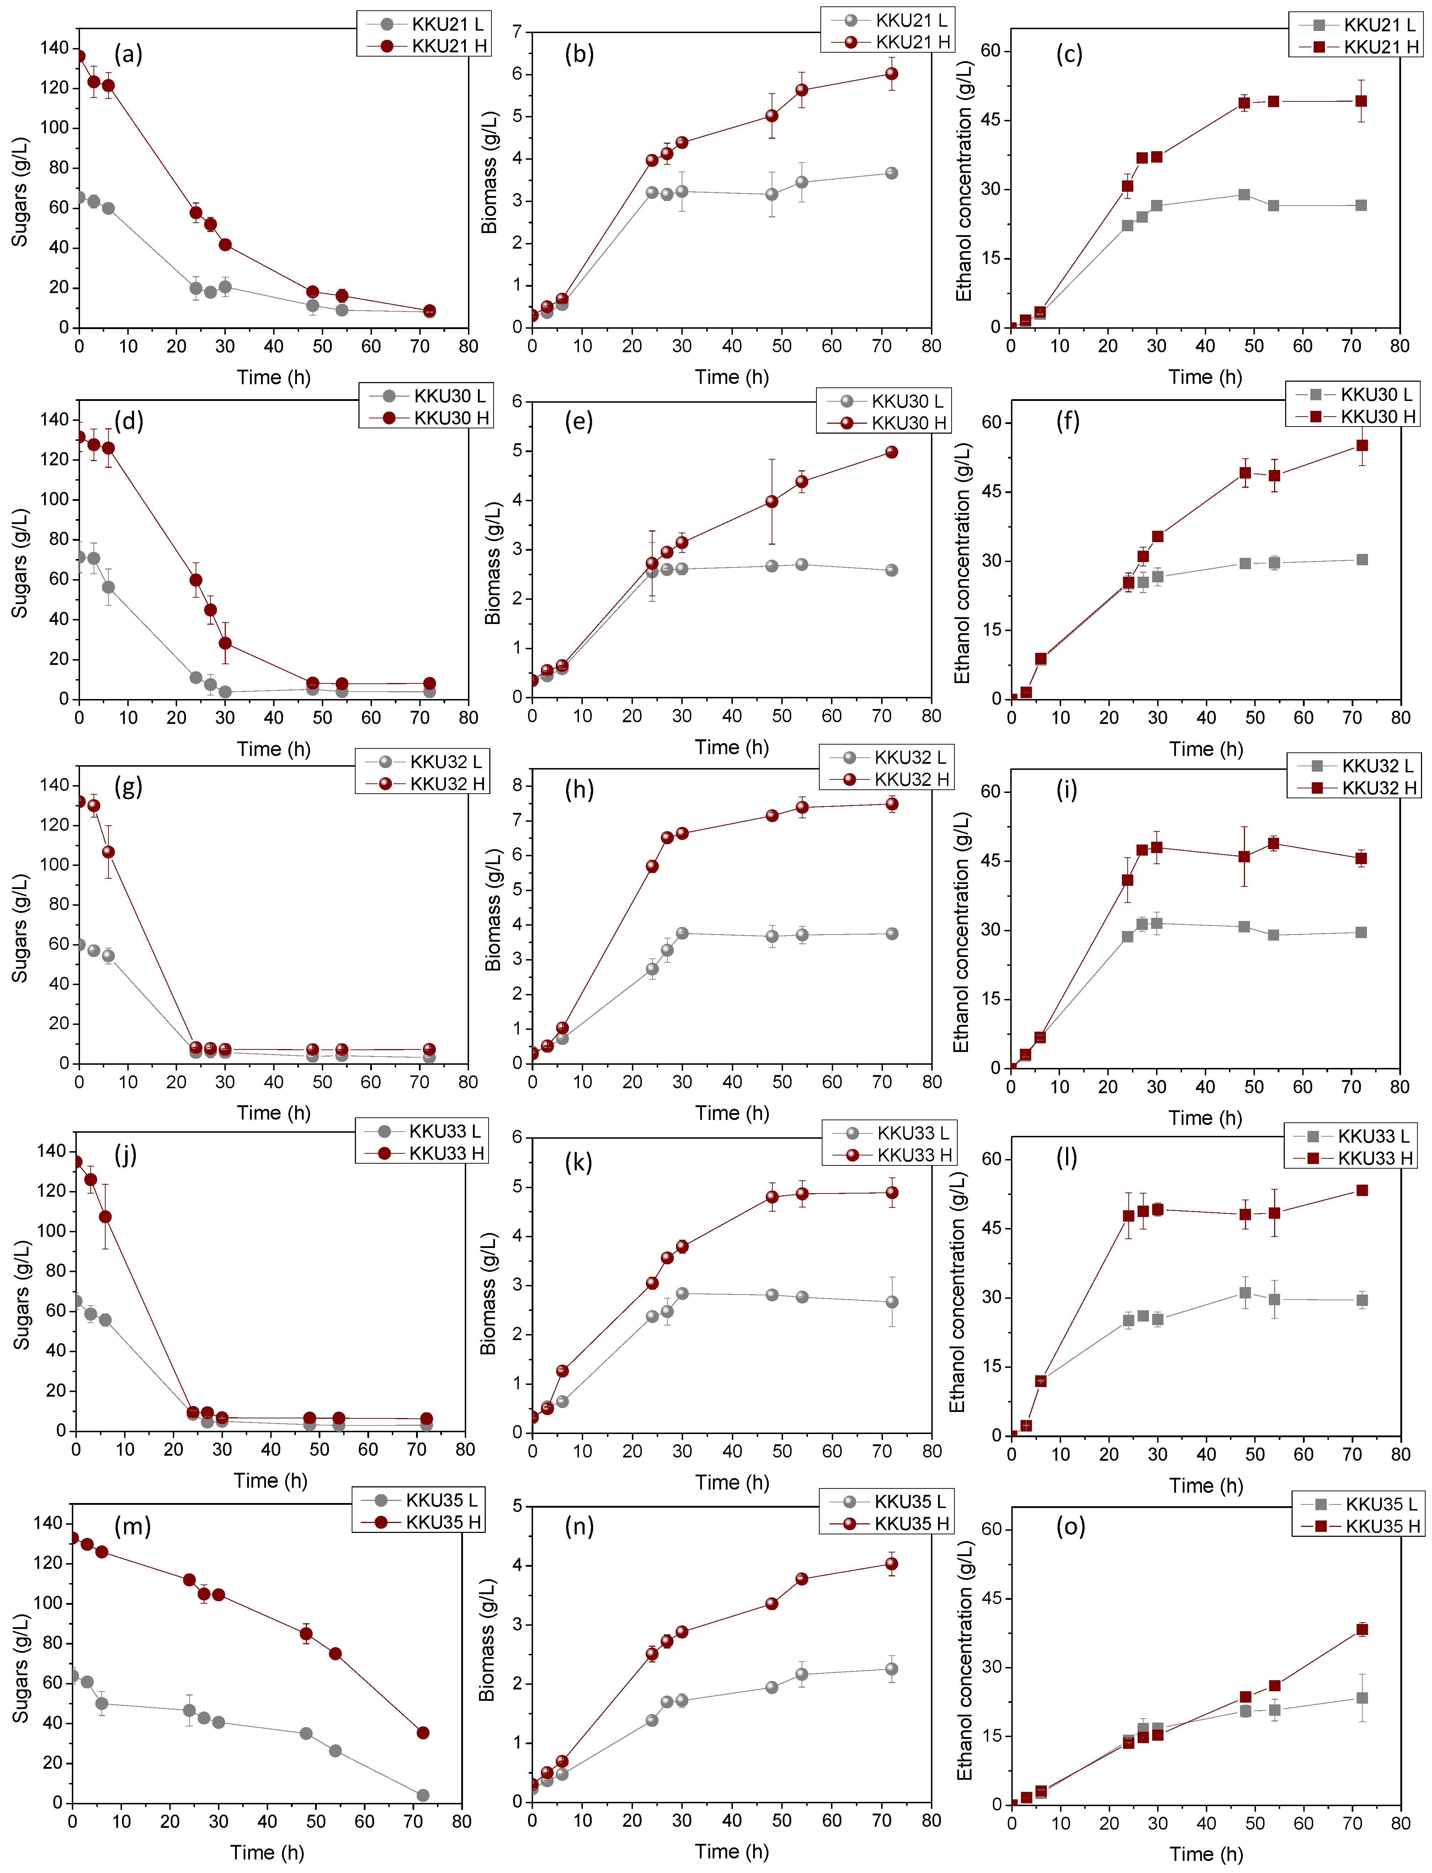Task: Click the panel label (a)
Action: [128, 54]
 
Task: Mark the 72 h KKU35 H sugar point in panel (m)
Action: [423, 1732]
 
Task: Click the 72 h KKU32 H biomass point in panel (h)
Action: [891, 804]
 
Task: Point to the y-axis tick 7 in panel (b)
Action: [517, 32]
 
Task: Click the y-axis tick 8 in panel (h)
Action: [517, 786]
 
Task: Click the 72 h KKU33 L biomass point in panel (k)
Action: [891, 1302]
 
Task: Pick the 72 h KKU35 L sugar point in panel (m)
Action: [423, 1795]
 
